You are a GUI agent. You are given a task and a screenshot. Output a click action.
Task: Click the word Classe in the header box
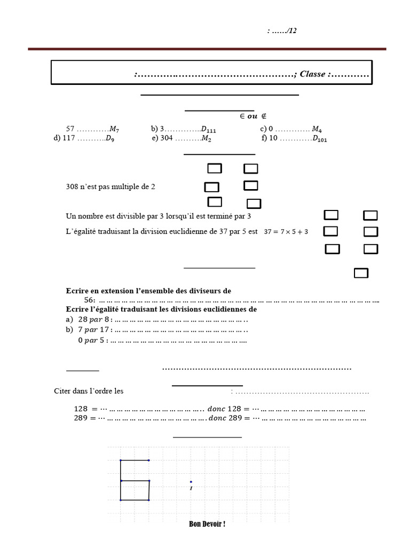tap(312, 74)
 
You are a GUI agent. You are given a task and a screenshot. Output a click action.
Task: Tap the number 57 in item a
tap(70, 129)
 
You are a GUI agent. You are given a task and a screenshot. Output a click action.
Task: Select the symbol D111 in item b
tap(209, 129)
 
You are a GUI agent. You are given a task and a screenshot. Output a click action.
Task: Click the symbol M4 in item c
tap(317, 129)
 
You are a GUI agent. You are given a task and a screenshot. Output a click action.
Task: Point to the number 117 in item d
tap(69, 138)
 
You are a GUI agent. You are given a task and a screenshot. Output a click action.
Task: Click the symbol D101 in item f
tap(320, 139)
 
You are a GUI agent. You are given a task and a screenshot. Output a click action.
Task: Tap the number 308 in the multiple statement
tap(72, 187)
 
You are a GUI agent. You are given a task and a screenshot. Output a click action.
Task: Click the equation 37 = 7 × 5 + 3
tap(286, 232)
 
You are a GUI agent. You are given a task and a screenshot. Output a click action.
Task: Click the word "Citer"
tap(62, 391)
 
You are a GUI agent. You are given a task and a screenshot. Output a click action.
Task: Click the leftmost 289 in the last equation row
tap(81, 418)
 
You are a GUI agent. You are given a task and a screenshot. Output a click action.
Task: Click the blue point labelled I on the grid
tap(191, 482)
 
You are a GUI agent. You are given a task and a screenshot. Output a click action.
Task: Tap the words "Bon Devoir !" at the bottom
tap(207, 524)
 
